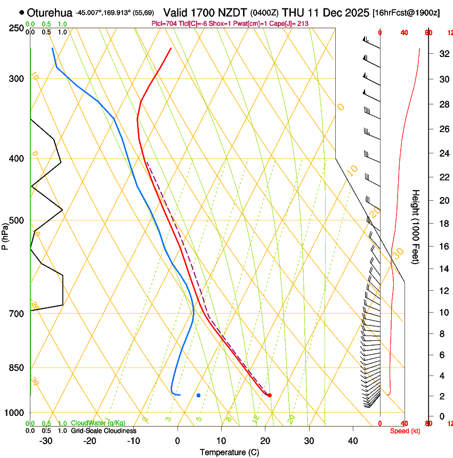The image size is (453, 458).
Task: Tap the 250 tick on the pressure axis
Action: coord(15,28)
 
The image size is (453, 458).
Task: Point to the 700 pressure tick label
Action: coord(15,313)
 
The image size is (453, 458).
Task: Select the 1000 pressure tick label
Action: coord(13,413)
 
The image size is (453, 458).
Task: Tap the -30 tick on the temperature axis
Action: coord(46,440)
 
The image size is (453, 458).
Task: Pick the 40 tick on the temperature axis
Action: coord(352,440)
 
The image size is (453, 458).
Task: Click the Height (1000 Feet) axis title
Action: coord(416,226)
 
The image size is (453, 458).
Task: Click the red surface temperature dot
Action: coord(270,395)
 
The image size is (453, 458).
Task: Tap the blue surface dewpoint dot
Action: coord(198,395)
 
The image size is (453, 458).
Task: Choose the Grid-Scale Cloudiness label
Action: coord(103,431)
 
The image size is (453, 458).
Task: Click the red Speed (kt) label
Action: coord(405,431)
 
